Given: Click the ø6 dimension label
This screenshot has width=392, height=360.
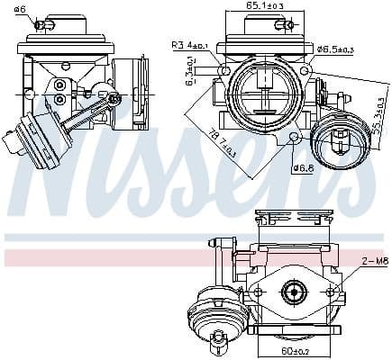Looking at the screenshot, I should pyautogui.click(x=20, y=9).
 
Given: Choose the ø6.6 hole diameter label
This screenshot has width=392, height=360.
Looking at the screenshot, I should pyautogui.click(x=304, y=167).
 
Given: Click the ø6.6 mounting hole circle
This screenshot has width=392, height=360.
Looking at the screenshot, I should pyautogui.click(x=296, y=136).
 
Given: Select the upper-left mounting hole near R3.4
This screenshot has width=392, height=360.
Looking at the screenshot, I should pyautogui.click(x=224, y=70).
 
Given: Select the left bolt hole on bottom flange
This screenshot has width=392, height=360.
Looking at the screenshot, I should pyautogui.click(x=257, y=292).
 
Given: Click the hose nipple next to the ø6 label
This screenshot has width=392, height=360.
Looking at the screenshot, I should pyautogui.click(x=40, y=23).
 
